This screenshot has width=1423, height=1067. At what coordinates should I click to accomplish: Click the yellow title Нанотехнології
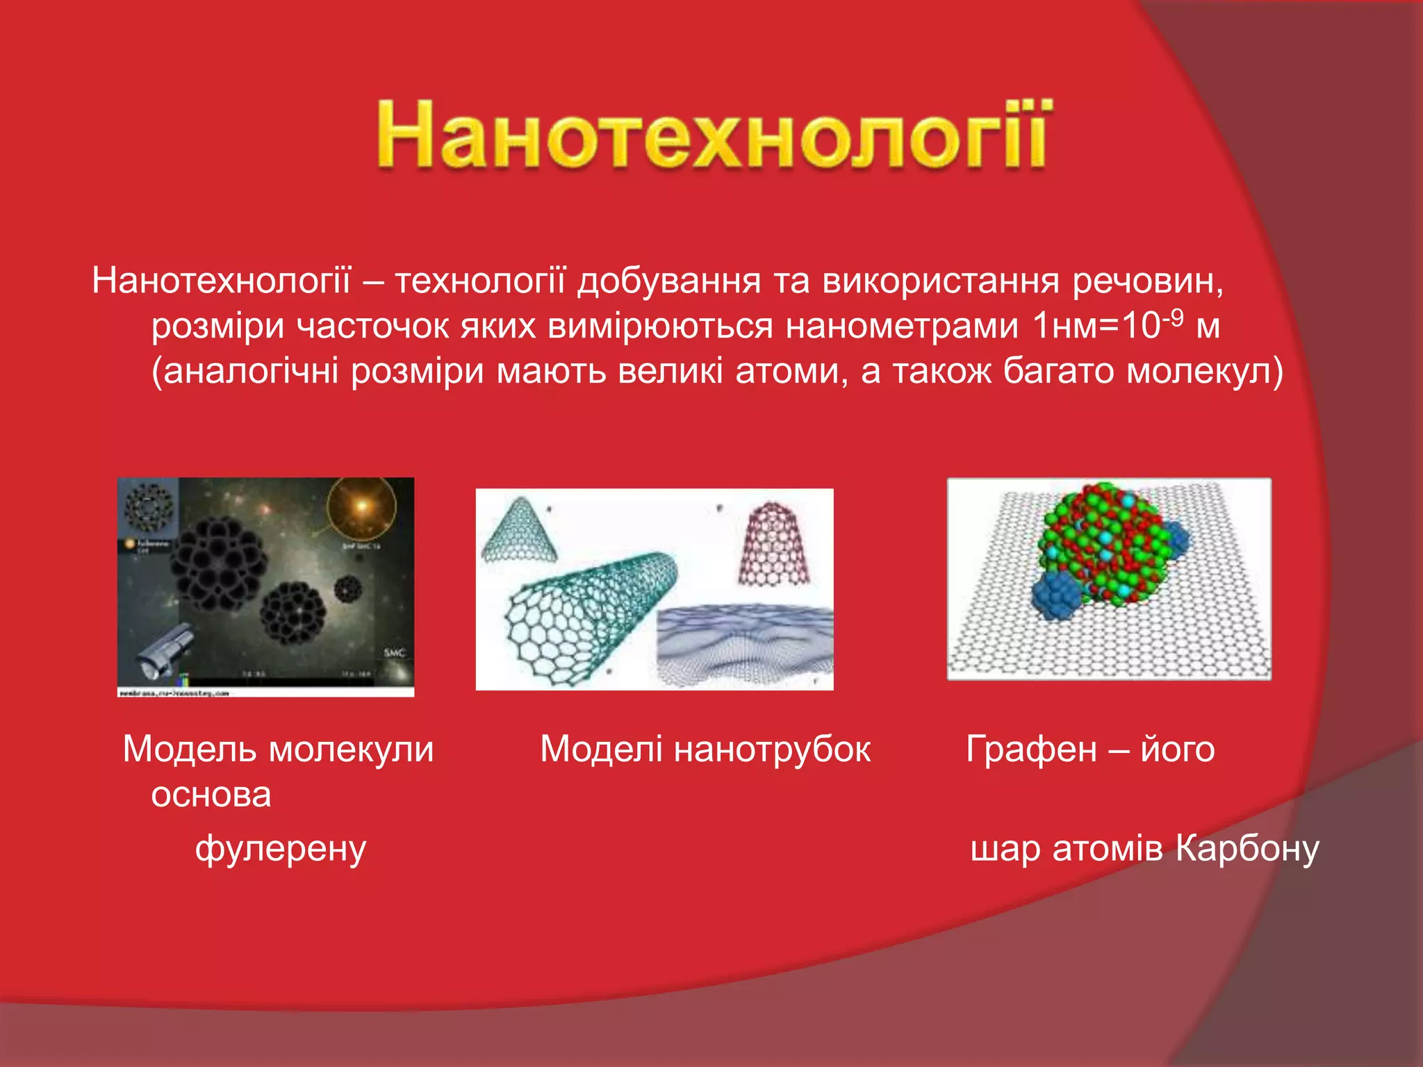pos(714,133)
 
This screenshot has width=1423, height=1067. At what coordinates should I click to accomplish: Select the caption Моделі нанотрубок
pos(705,749)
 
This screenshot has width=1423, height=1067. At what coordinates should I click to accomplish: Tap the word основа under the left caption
pos(211,793)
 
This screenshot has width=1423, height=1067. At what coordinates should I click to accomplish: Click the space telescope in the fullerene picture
pos(164,650)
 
